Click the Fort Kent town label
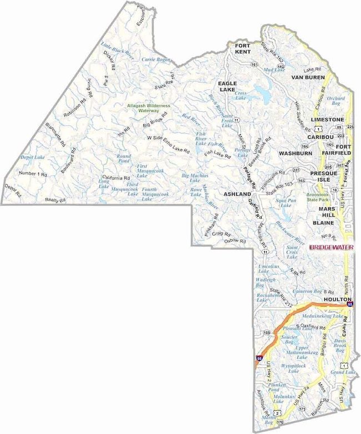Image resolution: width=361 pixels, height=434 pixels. coord(243,48)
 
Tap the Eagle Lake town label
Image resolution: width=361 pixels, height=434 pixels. coord(227,86)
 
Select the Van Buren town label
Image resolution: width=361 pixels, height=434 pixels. coord(307,77)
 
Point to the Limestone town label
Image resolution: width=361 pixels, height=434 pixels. coord(327,119)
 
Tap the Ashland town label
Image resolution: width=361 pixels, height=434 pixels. coord(237,195)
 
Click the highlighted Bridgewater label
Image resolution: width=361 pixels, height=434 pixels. coord(331,247)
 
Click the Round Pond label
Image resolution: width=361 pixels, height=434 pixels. coord(124,159)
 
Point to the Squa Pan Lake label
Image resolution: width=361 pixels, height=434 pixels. coord(285,203)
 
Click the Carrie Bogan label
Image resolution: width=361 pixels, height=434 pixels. coord(156,59)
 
